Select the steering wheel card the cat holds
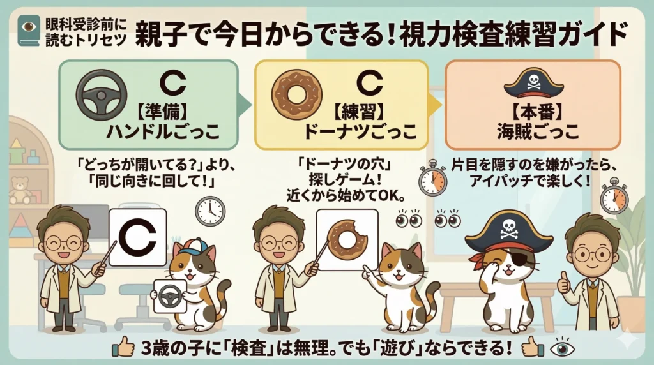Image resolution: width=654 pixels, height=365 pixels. coord(171,296)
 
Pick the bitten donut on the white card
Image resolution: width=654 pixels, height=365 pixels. coord(347,238)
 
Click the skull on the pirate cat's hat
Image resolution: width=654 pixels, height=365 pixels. coord(509,227)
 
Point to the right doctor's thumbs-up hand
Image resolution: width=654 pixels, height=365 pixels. coord(563,282)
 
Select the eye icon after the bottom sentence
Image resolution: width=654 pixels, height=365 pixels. coord(563,347)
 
